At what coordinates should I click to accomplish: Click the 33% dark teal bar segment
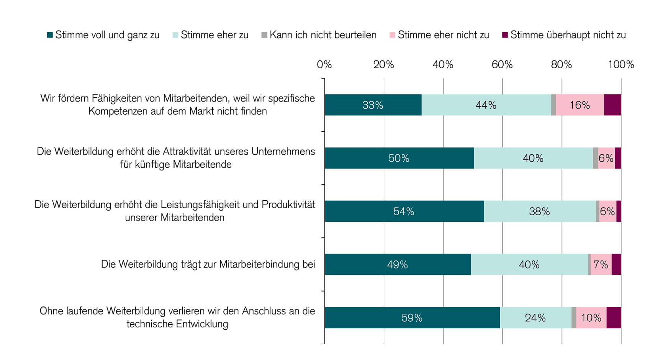[x=373, y=105]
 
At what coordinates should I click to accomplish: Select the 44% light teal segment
[x=486, y=105]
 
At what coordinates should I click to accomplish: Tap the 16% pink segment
[x=579, y=105]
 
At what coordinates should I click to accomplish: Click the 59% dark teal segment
[x=412, y=317]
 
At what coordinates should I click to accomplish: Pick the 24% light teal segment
[x=535, y=317]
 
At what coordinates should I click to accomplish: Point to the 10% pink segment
[x=591, y=317]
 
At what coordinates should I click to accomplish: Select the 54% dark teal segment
[x=404, y=211]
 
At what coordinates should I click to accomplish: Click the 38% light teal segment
[x=539, y=211]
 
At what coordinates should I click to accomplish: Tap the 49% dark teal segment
[x=397, y=264]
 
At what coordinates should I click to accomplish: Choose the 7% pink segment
[x=601, y=264]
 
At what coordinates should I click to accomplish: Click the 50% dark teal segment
[x=399, y=158]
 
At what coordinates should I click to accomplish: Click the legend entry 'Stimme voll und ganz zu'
[x=103, y=35]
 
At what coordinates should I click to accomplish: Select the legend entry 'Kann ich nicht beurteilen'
[x=319, y=35]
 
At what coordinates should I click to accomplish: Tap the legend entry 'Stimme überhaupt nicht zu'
[x=564, y=35]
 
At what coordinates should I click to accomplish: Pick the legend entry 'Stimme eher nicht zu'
[x=439, y=35]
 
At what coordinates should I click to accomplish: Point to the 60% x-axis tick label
[x=502, y=65]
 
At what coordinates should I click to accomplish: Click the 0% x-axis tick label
[x=324, y=65]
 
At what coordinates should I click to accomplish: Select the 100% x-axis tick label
[x=621, y=65]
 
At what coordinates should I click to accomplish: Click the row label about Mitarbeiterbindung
[x=208, y=264]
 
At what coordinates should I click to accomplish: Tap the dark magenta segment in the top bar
[x=612, y=105]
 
